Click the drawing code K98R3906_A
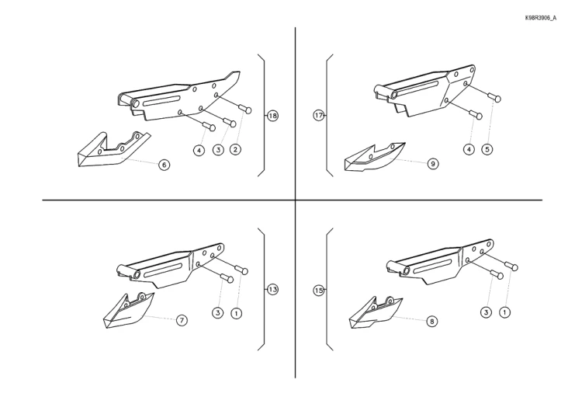tap(540, 18)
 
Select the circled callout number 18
tap(273, 116)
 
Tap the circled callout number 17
tap(319, 116)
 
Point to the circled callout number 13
tap(273, 290)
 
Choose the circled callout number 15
tap(319, 291)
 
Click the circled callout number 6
tap(164, 165)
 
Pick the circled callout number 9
tap(433, 163)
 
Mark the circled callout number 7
tap(182, 320)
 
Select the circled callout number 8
tap(431, 321)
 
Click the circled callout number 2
tap(235, 149)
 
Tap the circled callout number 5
tap(487, 149)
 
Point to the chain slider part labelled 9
tap(374, 157)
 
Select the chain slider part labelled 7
tap(128, 311)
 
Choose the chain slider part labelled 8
tap(375, 313)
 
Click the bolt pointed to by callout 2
tap(245, 110)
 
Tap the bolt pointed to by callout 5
tap(495, 98)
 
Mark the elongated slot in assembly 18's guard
tap(161, 101)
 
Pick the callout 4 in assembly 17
tap(469, 149)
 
